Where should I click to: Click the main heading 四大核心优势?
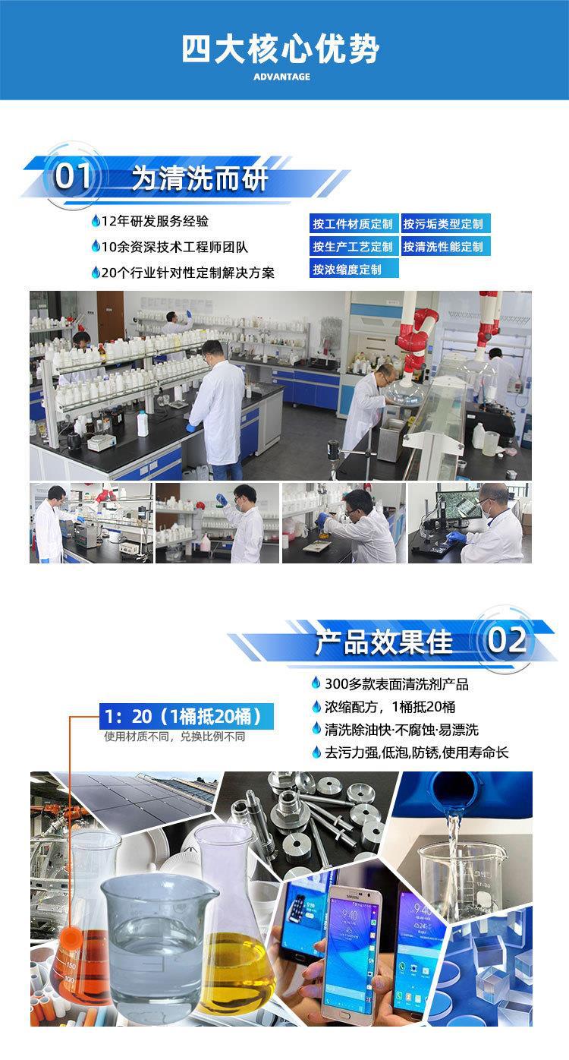pyautogui.click(x=281, y=49)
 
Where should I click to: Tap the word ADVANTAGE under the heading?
pyautogui.click(x=281, y=77)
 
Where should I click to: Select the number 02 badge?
pyautogui.click(x=506, y=639)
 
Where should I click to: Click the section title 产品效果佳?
pyautogui.click(x=384, y=642)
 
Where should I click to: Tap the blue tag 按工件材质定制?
pyautogui.click(x=353, y=224)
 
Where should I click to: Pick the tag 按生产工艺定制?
pyautogui.click(x=353, y=247)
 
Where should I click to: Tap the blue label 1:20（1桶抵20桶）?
pyautogui.click(x=187, y=716)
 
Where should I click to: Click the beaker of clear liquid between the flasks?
pyautogui.click(x=159, y=942)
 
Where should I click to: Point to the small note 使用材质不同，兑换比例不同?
pyautogui.click(x=174, y=737)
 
